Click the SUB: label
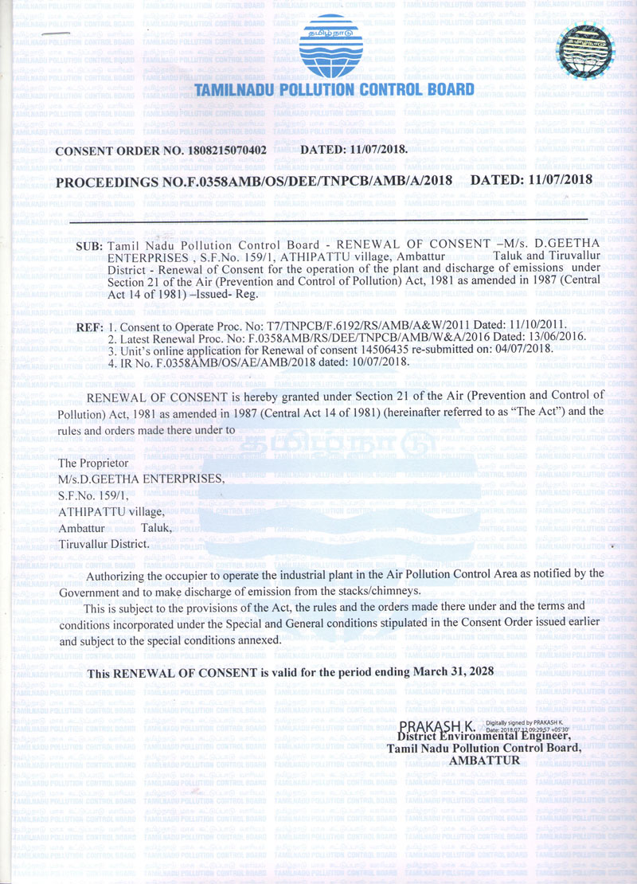(88, 247)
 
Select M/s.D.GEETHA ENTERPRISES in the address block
(143, 479)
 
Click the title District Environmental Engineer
(489, 737)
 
